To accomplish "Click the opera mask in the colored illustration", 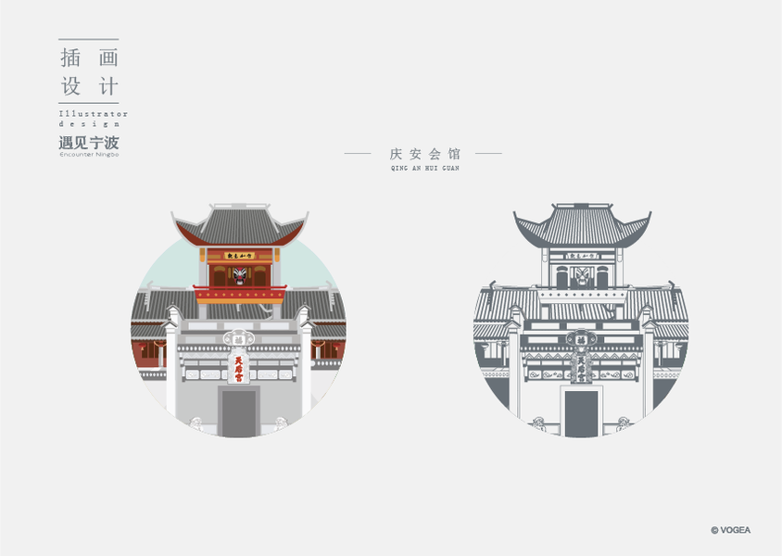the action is [240, 275].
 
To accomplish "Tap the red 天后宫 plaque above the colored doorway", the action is [238, 369].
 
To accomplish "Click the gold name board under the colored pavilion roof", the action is [240, 255].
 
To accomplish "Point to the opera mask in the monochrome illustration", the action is [582, 275].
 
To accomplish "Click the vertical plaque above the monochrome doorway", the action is [581, 369].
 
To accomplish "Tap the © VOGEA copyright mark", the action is [730, 530].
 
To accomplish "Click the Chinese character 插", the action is [70, 57].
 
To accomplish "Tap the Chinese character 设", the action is [70, 87].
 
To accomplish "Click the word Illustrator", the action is [93, 114].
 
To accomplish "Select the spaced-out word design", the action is [89, 123].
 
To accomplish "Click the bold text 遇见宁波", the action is [89, 143].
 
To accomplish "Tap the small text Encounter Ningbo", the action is [89, 155].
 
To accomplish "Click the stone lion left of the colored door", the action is [196, 423].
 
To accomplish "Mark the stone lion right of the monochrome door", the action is [623, 423].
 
